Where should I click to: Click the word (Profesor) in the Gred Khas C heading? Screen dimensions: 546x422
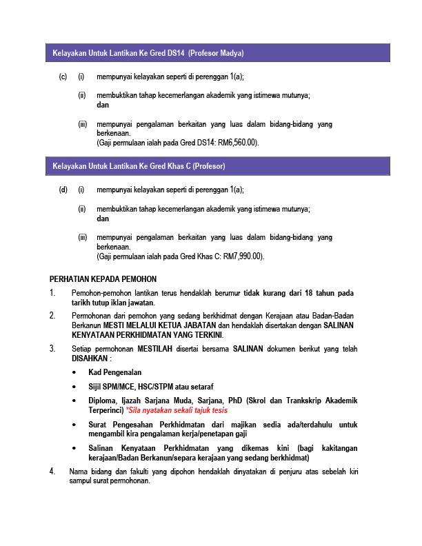pyautogui.click(x=209, y=166)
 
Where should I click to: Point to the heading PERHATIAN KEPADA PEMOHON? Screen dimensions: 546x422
pyautogui.click(x=103, y=279)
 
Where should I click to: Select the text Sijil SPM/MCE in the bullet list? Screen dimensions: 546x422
pyautogui.click(x=112, y=386)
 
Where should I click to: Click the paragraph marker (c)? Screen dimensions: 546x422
pyautogui.click(x=63, y=77)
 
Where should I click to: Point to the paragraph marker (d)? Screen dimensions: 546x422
pyautogui.click(x=63, y=190)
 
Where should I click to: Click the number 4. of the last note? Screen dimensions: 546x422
pyautogui.click(x=53, y=471)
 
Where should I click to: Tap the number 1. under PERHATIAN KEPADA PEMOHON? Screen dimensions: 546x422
pyautogui.click(x=53, y=293)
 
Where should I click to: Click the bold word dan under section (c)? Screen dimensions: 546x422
pyautogui.click(x=103, y=105)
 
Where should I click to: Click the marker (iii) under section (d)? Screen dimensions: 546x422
pyautogui.click(x=82, y=237)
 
